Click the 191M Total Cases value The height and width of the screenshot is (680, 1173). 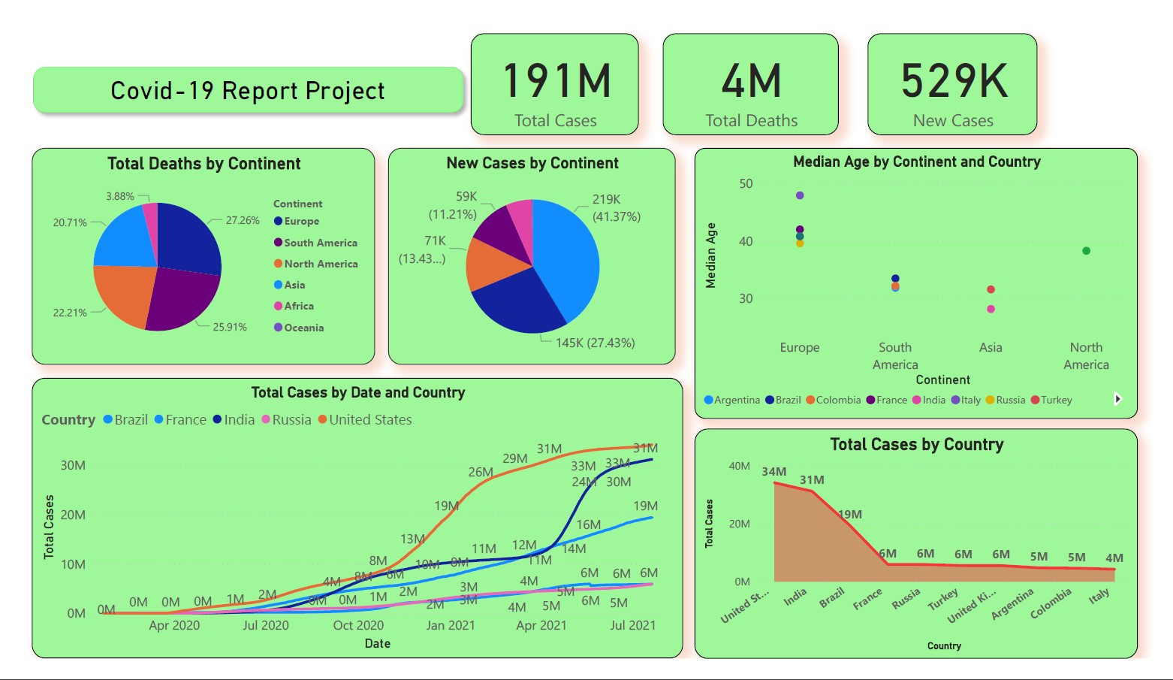pyautogui.click(x=556, y=81)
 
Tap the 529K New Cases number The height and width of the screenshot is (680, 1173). pyautogui.click(x=953, y=81)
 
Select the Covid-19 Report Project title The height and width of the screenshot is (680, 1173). pyautogui.click(x=247, y=91)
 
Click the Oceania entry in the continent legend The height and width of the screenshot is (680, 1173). pyautogui.click(x=303, y=328)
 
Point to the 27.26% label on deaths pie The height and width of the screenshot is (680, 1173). pyautogui.click(x=243, y=220)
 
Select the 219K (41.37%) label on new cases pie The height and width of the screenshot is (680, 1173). pyautogui.click(x=616, y=208)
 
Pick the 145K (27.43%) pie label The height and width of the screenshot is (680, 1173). pyautogui.click(x=595, y=343)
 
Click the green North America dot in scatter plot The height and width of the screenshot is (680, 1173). pyautogui.click(x=1086, y=251)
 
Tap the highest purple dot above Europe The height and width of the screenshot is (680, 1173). pyautogui.click(x=800, y=195)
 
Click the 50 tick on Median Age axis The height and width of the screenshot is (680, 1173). pyautogui.click(x=745, y=183)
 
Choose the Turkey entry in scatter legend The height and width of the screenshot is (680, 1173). pyautogui.click(x=1056, y=400)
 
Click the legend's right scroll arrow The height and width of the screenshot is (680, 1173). pyautogui.click(x=1117, y=399)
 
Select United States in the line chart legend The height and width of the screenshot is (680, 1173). pyautogui.click(x=369, y=420)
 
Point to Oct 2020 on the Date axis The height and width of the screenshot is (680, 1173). pyautogui.click(x=358, y=625)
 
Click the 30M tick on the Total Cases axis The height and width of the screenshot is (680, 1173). pyautogui.click(x=73, y=465)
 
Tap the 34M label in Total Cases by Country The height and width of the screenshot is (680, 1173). pyautogui.click(x=773, y=472)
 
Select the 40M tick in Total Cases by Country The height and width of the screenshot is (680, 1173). pyautogui.click(x=739, y=466)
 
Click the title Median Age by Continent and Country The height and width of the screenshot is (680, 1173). pyautogui.click(x=916, y=162)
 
